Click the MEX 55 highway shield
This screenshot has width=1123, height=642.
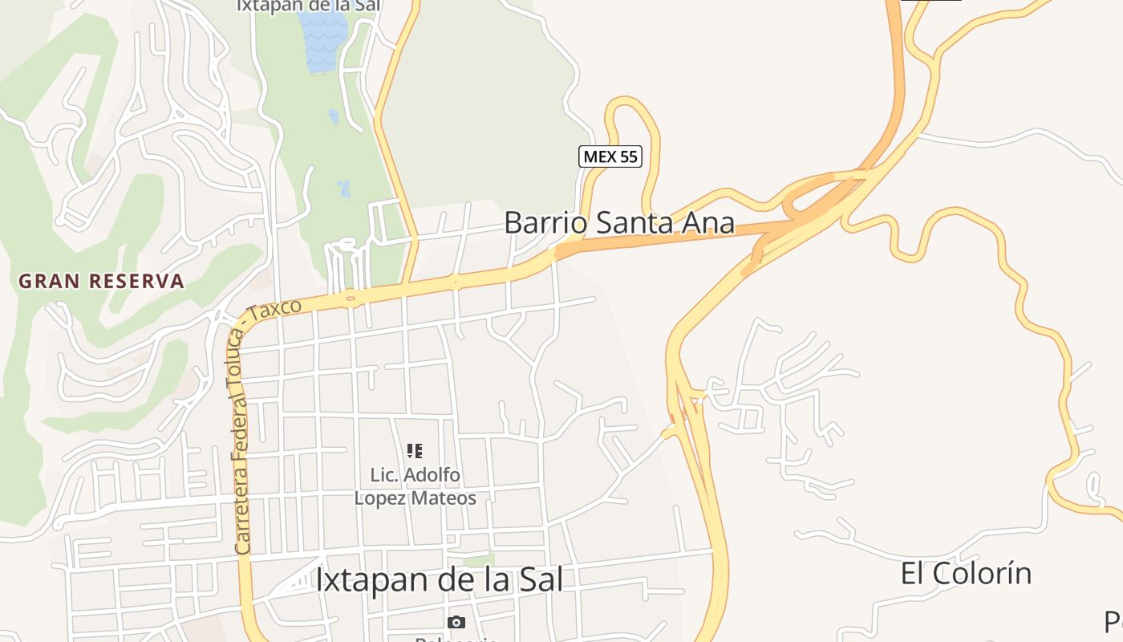click(x=610, y=156)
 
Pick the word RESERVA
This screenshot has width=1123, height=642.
click(x=137, y=282)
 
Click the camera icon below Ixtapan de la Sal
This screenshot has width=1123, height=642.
click(x=456, y=622)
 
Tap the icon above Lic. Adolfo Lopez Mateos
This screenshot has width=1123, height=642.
click(x=415, y=450)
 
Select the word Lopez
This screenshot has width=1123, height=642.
click(x=381, y=498)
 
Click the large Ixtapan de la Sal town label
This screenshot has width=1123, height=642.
click(x=439, y=580)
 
